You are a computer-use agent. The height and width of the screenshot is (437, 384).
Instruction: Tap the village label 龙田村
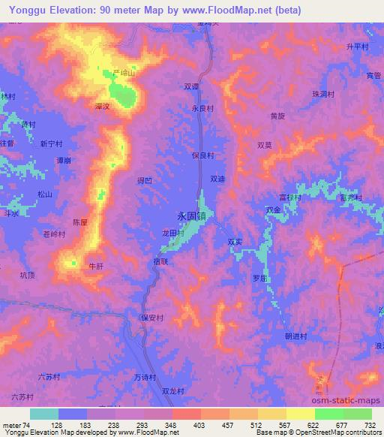pyautogui.click(x=174, y=234)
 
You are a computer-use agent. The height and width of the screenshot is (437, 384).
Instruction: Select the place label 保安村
pyautogui.click(x=151, y=318)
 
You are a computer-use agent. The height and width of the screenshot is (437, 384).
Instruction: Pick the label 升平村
pyautogui.click(x=357, y=47)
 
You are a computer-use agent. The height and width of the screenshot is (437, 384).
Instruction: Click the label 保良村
pyautogui.click(x=203, y=155)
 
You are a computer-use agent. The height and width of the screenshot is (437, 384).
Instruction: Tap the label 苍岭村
pyautogui.click(x=55, y=234)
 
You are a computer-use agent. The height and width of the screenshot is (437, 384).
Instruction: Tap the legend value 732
pyautogui.click(x=370, y=426)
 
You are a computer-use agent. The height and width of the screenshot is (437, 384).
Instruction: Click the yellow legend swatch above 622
pyautogui.click(x=300, y=414)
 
